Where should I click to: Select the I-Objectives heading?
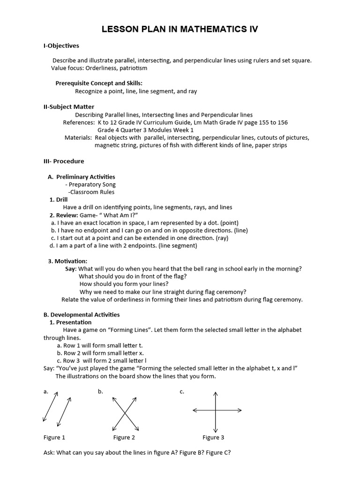[61, 46]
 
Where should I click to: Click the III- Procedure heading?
[64, 161]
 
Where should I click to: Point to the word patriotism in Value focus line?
[133, 68]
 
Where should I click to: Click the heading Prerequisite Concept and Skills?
[99, 83]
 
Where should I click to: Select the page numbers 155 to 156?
[271, 122]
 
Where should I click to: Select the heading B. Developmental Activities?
[82, 315]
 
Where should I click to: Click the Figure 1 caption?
[54, 437]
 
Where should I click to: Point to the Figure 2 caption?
[124, 437]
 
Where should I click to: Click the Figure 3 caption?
[213, 437]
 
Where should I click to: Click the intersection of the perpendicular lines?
[215, 411]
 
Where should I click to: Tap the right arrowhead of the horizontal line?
[240, 411]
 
